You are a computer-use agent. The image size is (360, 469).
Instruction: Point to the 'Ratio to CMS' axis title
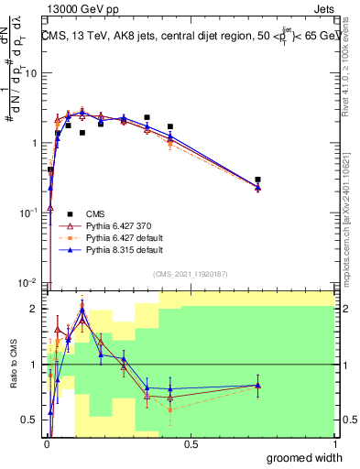(14, 365)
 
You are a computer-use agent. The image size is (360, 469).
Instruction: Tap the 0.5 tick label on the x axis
(191, 444)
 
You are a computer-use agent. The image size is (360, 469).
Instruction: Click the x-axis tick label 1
(334, 444)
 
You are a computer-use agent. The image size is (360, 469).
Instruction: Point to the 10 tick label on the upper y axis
(31, 73)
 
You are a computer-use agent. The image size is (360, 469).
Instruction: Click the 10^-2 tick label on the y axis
(29, 281)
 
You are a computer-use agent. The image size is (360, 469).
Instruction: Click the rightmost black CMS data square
(258, 180)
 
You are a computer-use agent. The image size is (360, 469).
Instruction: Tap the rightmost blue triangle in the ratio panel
(258, 385)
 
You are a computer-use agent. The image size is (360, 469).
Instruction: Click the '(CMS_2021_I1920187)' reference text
(190, 274)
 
